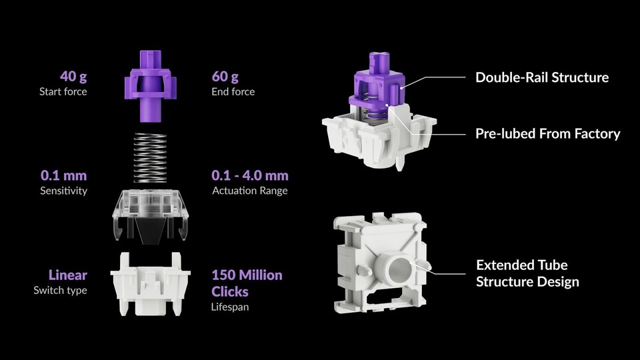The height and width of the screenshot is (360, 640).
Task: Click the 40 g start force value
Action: (73, 76)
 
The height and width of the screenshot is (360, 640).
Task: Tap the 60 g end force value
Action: (225, 76)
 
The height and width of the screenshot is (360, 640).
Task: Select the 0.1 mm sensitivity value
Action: (64, 175)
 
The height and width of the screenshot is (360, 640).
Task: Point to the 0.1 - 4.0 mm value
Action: (250, 175)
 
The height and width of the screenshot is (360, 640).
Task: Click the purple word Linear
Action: (68, 275)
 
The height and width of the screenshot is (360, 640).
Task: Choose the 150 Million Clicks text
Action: (247, 283)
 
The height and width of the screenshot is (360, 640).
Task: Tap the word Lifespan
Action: (230, 307)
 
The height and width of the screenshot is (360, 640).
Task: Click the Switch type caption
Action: (61, 290)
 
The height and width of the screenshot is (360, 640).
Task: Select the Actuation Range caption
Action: (250, 191)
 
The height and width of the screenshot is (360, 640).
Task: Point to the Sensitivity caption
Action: (64, 191)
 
